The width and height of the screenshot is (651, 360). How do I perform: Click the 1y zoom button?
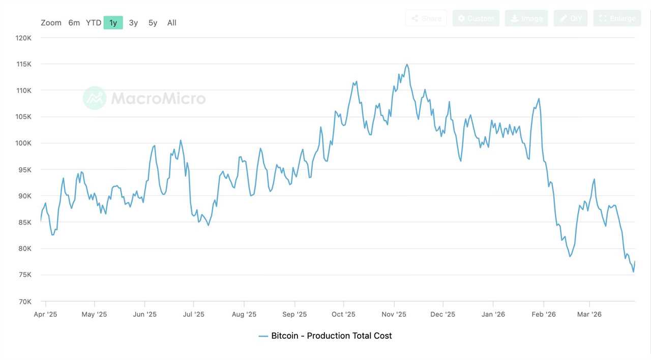pyautogui.click(x=113, y=23)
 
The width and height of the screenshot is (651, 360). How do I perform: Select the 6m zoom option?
pyautogui.click(x=74, y=23)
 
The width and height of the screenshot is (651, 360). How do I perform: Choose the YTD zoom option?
pyautogui.click(x=94, y=23)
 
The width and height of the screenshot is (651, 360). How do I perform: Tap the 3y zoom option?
pyautogui.click(x=133, y=23)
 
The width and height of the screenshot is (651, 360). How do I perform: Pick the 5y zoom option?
pyautogui.click(x=153, y=23)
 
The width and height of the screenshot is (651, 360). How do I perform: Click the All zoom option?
pyautogui.click(x=172, y=23)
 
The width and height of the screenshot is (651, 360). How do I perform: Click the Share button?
pyautogui.click(x=426, y=18)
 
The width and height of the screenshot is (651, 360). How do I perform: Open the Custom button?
pyautogui.click(x=476, y=18)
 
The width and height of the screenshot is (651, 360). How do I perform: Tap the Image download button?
pyautogui.click(x=526, y=18)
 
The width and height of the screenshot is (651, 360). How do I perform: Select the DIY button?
pyautogui.click(x=570, y=18)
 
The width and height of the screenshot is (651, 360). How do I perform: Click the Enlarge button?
pyautogui.click(x=617, y=18)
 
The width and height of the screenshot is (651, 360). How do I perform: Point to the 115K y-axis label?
pyautogui.click(x=23, y=64)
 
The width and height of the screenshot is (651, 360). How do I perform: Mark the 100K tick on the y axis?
pyautogui.click(x=23, y=143)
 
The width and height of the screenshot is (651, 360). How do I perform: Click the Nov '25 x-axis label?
pyautogui.click(x=394, y=314)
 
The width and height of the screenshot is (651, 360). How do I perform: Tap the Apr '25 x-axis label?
pyautogui.click(x=45, y=314)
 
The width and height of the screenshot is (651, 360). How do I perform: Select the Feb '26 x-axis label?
pyautogui.click(x=544, y=314)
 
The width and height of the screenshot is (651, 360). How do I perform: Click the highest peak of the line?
pyautogui.click(x=406, y=65)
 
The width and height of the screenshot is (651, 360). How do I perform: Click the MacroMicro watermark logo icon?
pyautogui.click(x=95, y=98)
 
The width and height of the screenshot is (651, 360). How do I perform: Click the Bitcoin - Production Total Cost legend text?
pyautogui.click(x=331, y=336)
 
